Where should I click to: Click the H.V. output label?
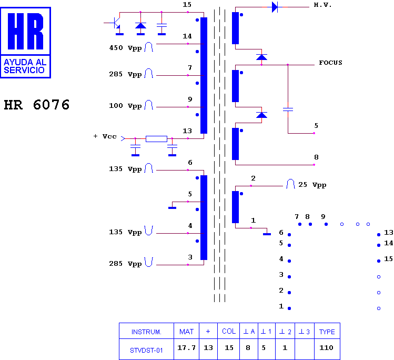coord(322,5)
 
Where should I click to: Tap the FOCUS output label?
coord(330,63)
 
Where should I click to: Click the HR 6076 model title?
coord(37,105)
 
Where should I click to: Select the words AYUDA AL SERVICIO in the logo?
coord(25,66)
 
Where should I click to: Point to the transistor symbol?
coord(116,23)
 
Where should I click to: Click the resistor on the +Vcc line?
coord(156,139)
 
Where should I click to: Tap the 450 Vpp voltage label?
coord(125,48)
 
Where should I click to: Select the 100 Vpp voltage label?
coord(125,106)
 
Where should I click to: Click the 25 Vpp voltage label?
coord(312,185)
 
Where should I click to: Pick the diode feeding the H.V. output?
coord(275,7)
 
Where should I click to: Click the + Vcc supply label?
coord(105,136)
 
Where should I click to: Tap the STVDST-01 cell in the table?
coord(146,350)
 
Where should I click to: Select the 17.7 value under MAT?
coord(186,348)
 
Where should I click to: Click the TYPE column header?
coord(327,332)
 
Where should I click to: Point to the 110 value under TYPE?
coord(326,348)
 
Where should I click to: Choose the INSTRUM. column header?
coord(146,332)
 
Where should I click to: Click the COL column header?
coord(229,332)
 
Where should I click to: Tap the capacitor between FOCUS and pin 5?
coord(288,109)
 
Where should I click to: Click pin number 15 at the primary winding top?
coord(187,5)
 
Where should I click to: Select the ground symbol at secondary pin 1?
coord(267,233)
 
